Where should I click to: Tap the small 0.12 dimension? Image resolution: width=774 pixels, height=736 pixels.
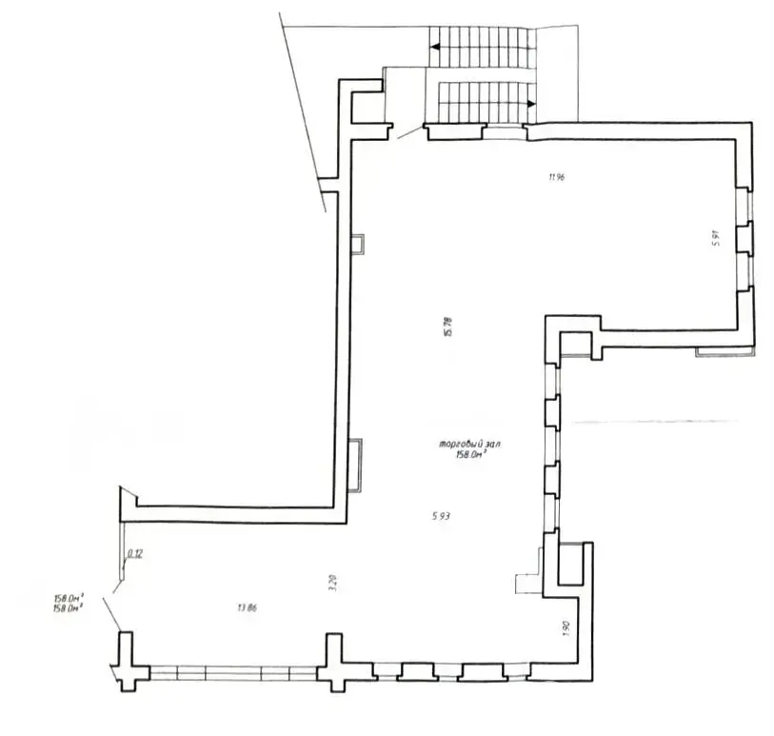click(x=136, y=555)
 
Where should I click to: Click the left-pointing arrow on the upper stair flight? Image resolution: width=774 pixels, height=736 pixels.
click(x=433, y=45)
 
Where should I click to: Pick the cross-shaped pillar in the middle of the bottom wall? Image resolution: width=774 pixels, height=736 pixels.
click(x=332, y=662)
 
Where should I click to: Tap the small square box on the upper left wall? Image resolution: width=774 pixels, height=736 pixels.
click(x=357, y=245)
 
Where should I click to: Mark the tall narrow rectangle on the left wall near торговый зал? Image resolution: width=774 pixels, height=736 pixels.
click(x=355, y=464)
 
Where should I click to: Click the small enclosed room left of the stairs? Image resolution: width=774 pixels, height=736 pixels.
click(x=367, y=108)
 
